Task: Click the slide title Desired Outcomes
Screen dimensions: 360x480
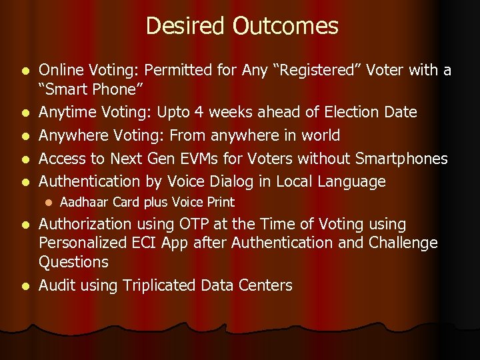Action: [241, 26]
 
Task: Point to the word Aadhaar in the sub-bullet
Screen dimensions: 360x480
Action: [84, 202]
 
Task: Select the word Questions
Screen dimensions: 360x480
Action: [73, 262]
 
